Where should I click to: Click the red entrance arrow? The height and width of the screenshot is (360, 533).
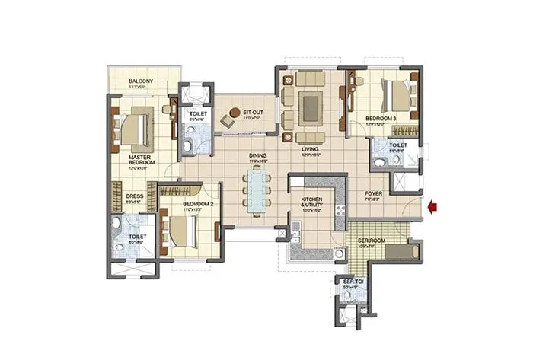tap(433, 204)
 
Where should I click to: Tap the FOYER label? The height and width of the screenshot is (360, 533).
tap(373, 193)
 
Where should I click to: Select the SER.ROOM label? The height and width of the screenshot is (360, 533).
tap(372, 241)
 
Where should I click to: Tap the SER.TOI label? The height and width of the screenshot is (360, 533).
tap(352, 283)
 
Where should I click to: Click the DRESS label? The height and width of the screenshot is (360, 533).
tap(134, 196)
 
